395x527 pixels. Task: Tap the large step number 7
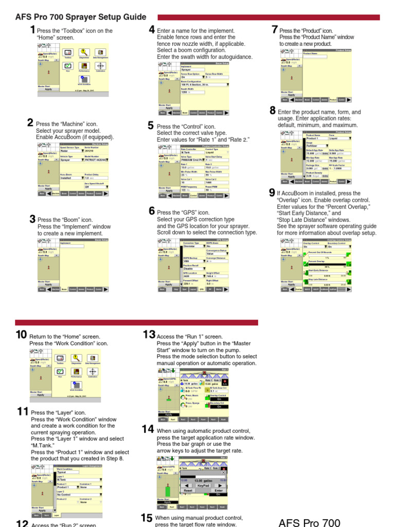click(275, 30)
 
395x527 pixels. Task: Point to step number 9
click(272, 192)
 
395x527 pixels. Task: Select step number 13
click(149, 335)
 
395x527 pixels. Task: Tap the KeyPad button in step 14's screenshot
click(203, 485)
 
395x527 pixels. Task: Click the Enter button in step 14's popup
click(219, 490)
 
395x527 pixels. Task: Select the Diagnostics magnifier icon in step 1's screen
click(83, 53)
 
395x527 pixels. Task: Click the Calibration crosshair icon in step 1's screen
click(100, 66)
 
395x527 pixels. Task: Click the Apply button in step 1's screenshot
click(48, 89)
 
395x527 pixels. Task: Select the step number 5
click(151, 125)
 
